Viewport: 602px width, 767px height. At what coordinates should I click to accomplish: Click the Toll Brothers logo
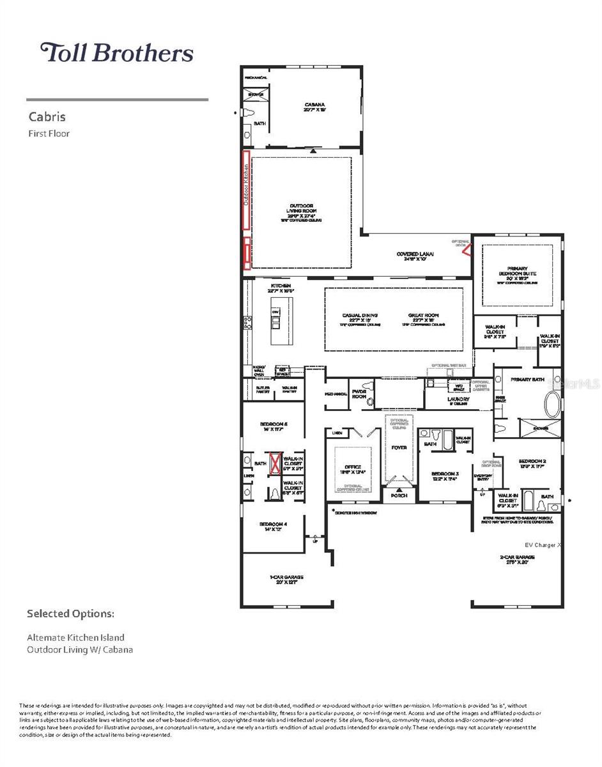(117, 52)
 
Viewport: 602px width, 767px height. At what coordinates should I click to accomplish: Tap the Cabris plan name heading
(47, 117)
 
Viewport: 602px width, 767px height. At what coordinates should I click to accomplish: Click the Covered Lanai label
(415, 254)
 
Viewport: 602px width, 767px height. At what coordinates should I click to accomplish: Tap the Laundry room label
(458, 399)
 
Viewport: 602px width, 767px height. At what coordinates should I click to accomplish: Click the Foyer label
(399, 447)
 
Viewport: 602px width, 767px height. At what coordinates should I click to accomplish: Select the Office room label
(353, 467)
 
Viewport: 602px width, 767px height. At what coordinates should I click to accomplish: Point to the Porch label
(399, 495)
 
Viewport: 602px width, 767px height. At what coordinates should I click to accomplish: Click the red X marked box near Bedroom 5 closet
(275, 462)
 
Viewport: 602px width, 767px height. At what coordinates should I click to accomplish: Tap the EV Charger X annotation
(543, 545)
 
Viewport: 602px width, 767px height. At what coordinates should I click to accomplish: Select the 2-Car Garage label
(517, 558)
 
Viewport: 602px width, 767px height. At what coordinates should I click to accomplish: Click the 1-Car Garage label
(286, 579)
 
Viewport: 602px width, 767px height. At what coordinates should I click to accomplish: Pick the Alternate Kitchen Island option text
(75, 637)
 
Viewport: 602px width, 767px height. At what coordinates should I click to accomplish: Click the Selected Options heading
(70, 614)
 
